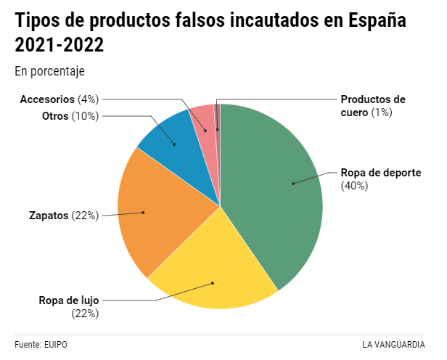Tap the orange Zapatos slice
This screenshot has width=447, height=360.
tap(156, 210)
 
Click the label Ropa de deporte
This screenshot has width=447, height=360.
tap(381, 173)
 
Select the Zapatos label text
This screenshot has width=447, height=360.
tap(49, 216)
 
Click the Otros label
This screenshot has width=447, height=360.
tap(55, 116)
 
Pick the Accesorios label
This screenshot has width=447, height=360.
tap(48, 99)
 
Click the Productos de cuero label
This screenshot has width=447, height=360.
tap(373, 99)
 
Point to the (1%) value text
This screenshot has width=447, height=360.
tap(382, 112)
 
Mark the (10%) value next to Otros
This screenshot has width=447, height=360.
tap(86, 116)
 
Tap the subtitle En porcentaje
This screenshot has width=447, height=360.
tap(49, 71)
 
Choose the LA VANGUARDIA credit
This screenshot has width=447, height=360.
tap(394, 344)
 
